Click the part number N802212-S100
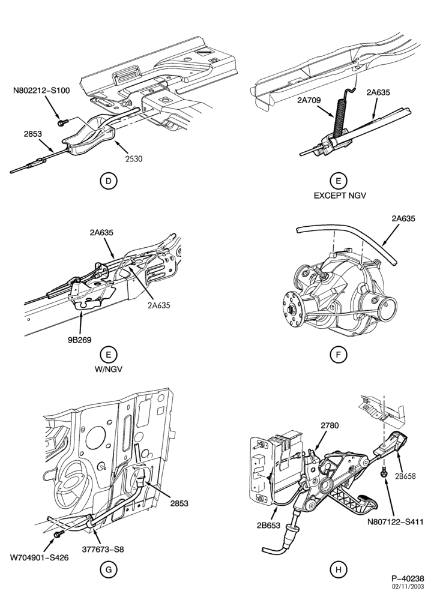point(41,91)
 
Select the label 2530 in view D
point(133,158)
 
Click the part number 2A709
point(309,100)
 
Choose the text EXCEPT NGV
point(340,196)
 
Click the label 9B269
point(80,340)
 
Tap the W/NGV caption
point(108,370)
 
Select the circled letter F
point(339,355)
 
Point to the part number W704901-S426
point(40,557)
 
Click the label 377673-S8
point(103,550)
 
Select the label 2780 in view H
point(330,425)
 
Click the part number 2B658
point(406,476)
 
